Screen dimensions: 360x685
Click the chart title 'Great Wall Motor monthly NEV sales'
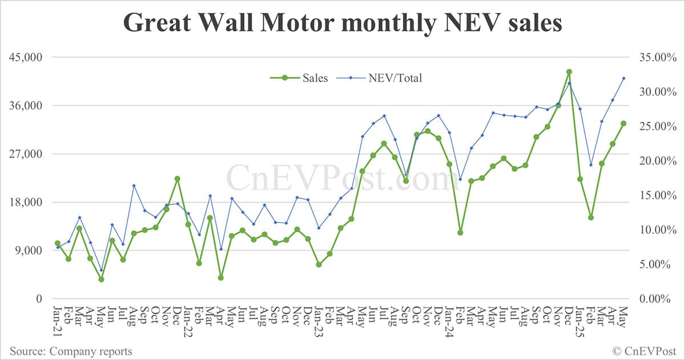point(342,23)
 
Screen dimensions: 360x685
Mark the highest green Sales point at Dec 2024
point(569,72)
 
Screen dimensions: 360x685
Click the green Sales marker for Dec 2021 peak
point(178,179)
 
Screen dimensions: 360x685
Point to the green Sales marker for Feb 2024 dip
point(460,232)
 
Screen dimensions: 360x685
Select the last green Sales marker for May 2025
point(623,123)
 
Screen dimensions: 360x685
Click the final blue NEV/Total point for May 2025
point(623,78)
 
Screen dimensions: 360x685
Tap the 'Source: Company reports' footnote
point(70,351)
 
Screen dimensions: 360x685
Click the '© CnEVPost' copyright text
point(643,351)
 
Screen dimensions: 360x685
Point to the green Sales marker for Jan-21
point(57,244)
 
